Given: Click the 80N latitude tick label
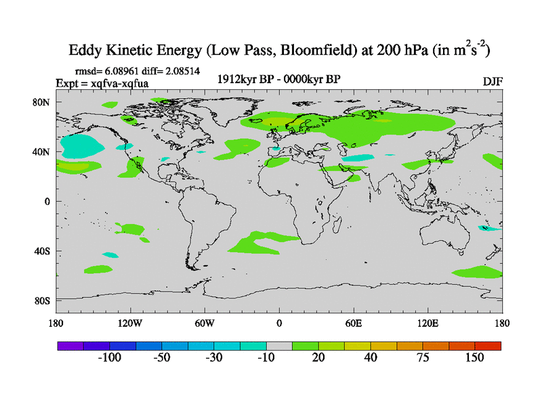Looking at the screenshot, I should pos(43,103).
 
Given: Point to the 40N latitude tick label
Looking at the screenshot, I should pos(43,152).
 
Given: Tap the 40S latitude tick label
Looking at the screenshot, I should pos(43,251).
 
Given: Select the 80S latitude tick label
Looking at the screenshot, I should pos(43,300).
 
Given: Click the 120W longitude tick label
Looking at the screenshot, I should pos(129,323).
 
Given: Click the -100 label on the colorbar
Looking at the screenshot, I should pos(109,358).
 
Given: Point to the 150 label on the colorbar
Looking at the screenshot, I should pos(474,358).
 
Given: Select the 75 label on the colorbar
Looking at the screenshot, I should pos(422,358).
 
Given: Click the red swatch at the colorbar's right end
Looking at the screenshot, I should pos(488,346).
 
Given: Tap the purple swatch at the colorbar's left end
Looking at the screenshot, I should pos(70,346).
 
